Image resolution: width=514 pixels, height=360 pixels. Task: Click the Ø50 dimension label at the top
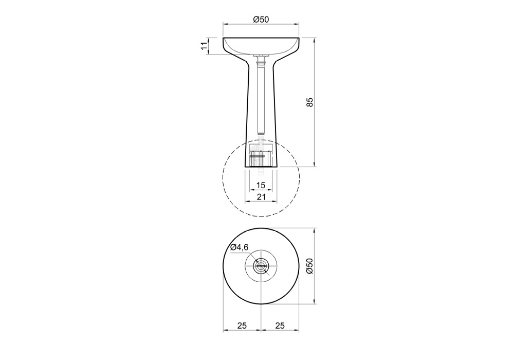(x=261, y=20)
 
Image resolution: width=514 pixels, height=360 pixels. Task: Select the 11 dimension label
(x=204, y=46)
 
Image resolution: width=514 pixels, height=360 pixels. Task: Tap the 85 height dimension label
(x=310, y=102)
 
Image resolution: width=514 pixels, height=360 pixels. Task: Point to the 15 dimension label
(x=261, y=185)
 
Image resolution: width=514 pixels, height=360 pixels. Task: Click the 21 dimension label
(x=261, y=197)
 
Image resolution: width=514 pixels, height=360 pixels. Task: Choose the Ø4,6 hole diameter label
(x=239, y=247)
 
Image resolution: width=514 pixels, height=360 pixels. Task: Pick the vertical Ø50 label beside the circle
(x=310, y=265)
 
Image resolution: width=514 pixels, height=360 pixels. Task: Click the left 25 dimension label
(x=242, y=326)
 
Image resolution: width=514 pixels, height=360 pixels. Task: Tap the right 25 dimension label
(x=280, y=326)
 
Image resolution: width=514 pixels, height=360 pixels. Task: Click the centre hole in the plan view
(x=261, y=266)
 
